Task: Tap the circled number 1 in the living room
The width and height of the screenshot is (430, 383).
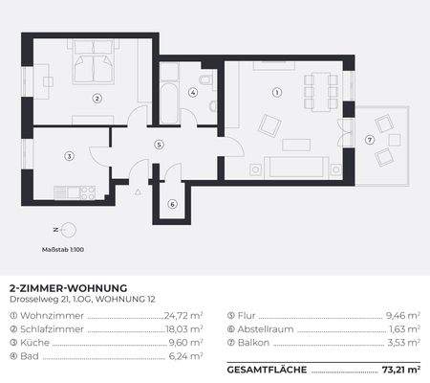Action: (x=277, y=93)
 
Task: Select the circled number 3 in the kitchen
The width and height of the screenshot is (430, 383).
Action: (x=69, y=156)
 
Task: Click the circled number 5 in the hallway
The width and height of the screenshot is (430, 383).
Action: (x=159, y=145)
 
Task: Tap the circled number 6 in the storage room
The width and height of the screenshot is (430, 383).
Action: (x=172, y=204)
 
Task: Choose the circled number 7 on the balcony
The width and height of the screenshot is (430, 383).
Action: (x=370, y=140)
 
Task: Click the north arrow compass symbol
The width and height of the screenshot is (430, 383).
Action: (x=65, y=231)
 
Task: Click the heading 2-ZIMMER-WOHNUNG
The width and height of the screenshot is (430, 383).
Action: (x=68, y=287)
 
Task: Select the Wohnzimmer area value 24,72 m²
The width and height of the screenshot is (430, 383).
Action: (x=183, y=315)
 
